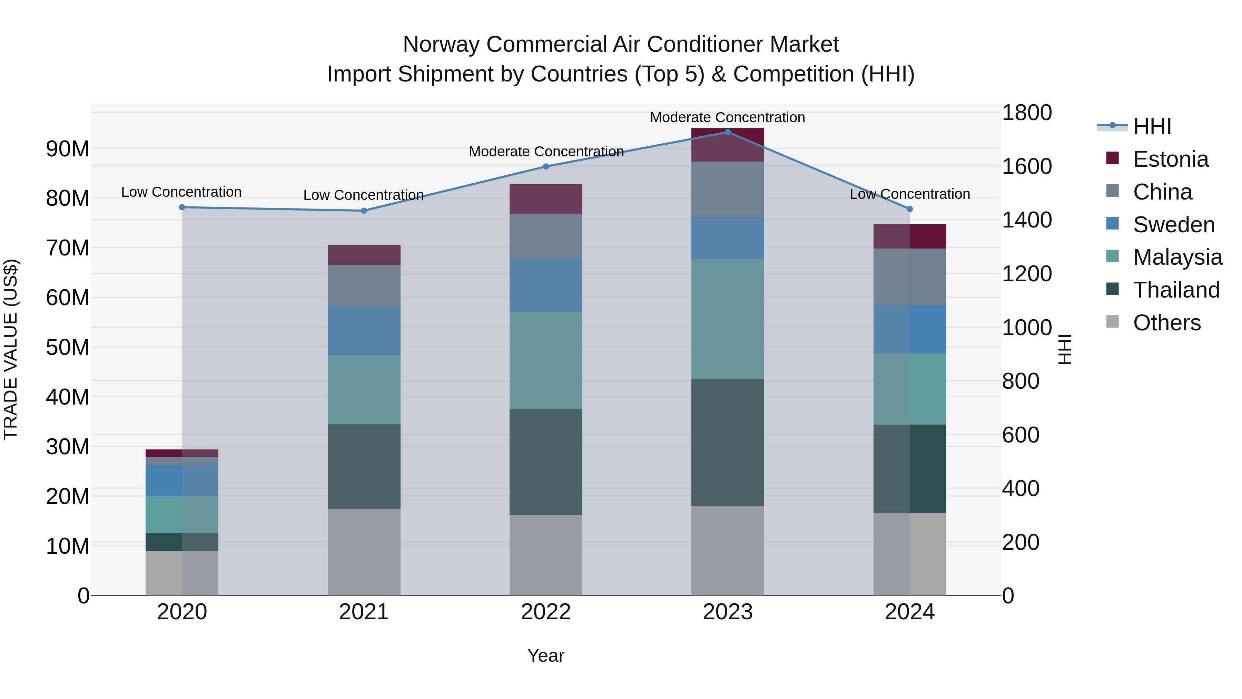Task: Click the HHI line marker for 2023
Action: coord(728,132)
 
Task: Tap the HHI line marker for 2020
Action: coord(182,207)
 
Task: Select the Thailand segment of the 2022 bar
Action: coord(546,461)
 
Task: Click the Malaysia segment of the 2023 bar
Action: coord(728,319)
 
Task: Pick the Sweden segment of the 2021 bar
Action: coord(364,330)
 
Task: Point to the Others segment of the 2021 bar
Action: coord(364,552)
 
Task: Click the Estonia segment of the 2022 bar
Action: coord(546,199)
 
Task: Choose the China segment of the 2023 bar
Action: coord(728,189)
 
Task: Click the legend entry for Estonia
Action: coord(1171,159)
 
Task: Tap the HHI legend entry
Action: coord(1152,126)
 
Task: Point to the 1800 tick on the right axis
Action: coord(1026,113)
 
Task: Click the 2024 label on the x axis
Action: coord(909,612)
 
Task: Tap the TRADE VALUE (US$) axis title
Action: coord(11,349)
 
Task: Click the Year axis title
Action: coord(545,656)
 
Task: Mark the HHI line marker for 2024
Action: coord(909,209)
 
